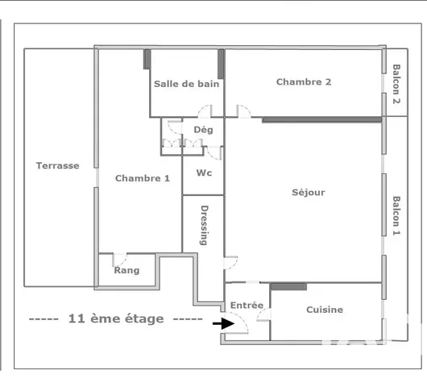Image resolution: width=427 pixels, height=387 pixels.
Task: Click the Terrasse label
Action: pyautogui.click(x=57, y=165)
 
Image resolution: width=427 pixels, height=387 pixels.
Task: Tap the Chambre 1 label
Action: pyautogui.click(x=142, y=178)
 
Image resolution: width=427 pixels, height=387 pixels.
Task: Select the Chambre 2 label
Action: pyautogui.click(x=304, y=81)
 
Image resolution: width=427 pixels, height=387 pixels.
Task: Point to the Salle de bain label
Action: pyautogui.click(x=187, y=83)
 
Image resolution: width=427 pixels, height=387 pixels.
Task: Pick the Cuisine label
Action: pyautogui.click(x=325, y=310)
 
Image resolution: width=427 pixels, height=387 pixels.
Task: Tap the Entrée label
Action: pyautogui.click(x=247, y=306)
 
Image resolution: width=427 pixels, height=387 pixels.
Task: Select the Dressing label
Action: pyautogui.click(x=204, y=228)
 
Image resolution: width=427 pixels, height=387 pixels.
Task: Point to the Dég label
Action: pyautogui.click(x=203, y=129)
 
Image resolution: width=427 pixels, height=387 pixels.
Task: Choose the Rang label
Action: pyautogui.click(x=126, y=270)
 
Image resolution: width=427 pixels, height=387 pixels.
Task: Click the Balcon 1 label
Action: pyautogui.click(x=396, y=215)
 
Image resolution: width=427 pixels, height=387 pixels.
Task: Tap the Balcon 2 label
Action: pyautogui.click(x=396, y=85)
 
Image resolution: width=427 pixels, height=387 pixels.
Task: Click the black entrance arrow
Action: pyautogui.click(x=220, y=323)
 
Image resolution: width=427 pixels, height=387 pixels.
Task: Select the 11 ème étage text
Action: pyautogui.click(x=116, y=318)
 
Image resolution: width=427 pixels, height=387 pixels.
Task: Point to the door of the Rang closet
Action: pyautogui.click(x=119, y=259)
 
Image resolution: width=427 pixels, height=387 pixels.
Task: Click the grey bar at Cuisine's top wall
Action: pyautogui.click(x=288, y=286)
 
